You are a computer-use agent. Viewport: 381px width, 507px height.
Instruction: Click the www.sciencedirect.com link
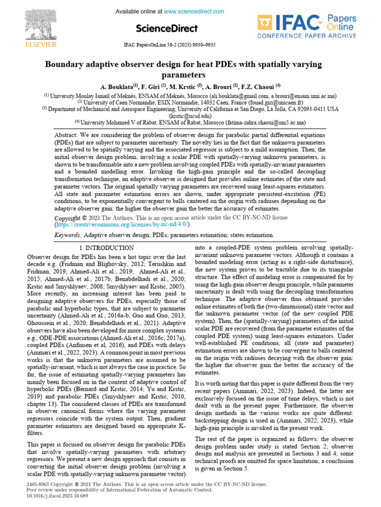[x=194, y=11]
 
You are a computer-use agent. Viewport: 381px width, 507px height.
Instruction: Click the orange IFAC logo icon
[x=265, y=23]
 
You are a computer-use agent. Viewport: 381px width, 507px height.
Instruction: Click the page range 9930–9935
[x=215, y=45]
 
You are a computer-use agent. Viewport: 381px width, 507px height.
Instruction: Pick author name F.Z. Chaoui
[x=261, y=85]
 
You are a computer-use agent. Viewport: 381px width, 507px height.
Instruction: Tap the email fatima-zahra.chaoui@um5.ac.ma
[x=265, y=122]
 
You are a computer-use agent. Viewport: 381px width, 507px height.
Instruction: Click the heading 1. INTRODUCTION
[x=106, y=248]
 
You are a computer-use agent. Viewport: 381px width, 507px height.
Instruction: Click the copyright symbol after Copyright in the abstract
[x=84, y=218]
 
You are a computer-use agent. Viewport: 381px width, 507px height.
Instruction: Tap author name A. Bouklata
[x=118, y=85]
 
